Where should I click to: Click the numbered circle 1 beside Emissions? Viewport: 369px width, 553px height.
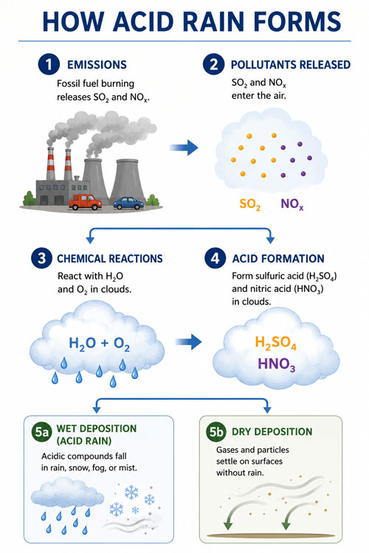point(49,64)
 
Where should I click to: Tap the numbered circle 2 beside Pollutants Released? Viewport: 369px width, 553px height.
point(213,64)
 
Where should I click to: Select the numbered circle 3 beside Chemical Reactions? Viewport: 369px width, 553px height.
point(41,258)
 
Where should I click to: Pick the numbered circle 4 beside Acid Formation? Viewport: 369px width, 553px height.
point(215,258)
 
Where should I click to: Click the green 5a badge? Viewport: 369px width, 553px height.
point(41,431)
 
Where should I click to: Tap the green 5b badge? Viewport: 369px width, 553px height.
point(215,431)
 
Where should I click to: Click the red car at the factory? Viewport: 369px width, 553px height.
point(85,202)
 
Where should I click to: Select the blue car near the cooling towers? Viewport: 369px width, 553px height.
point(128,204)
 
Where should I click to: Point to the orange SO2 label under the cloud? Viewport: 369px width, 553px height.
point(250,204)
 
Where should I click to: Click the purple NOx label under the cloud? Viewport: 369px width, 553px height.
point(292,204)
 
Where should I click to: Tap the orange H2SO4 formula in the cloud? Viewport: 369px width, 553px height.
point(275,343)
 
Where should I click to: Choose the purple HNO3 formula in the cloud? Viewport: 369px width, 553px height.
point(277,364)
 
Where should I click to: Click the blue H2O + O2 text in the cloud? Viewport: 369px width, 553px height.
point(99,344)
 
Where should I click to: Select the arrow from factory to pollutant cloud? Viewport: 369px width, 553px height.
point(184,147)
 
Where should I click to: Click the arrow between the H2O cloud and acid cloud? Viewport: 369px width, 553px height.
point(188,341)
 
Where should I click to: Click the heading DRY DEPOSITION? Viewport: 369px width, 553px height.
point(272,431)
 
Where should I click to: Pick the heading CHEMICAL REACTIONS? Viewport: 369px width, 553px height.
point(110,259)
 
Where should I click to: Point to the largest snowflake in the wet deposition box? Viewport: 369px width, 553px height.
point(131,492)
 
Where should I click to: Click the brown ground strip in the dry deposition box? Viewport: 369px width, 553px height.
point(270,535)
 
